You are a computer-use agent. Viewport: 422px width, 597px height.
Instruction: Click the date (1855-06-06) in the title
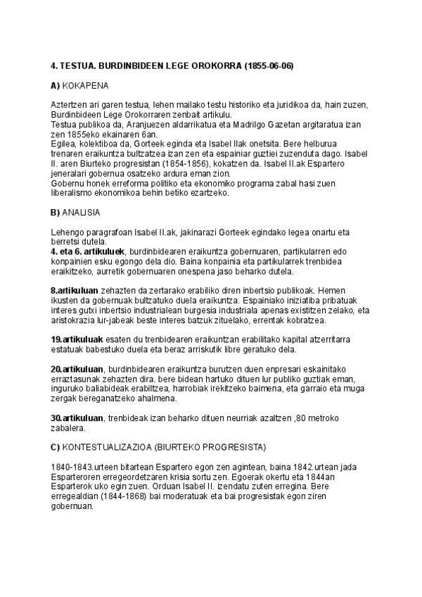pyautogui.click(x=269, y=66)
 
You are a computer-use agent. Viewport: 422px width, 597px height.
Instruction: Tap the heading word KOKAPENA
pyautogui.click(x=85, y=86)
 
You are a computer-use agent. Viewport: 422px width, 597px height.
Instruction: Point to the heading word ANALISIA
pyautogui.click(x=83, y=212)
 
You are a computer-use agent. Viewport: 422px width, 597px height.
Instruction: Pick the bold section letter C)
pyautogui.click(x=56, y=447)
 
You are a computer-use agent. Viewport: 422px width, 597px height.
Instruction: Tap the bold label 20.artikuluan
pyautogui.click(x=78, y=370)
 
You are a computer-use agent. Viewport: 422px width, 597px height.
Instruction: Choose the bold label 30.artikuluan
pyautogui.click(x=78, y=419)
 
